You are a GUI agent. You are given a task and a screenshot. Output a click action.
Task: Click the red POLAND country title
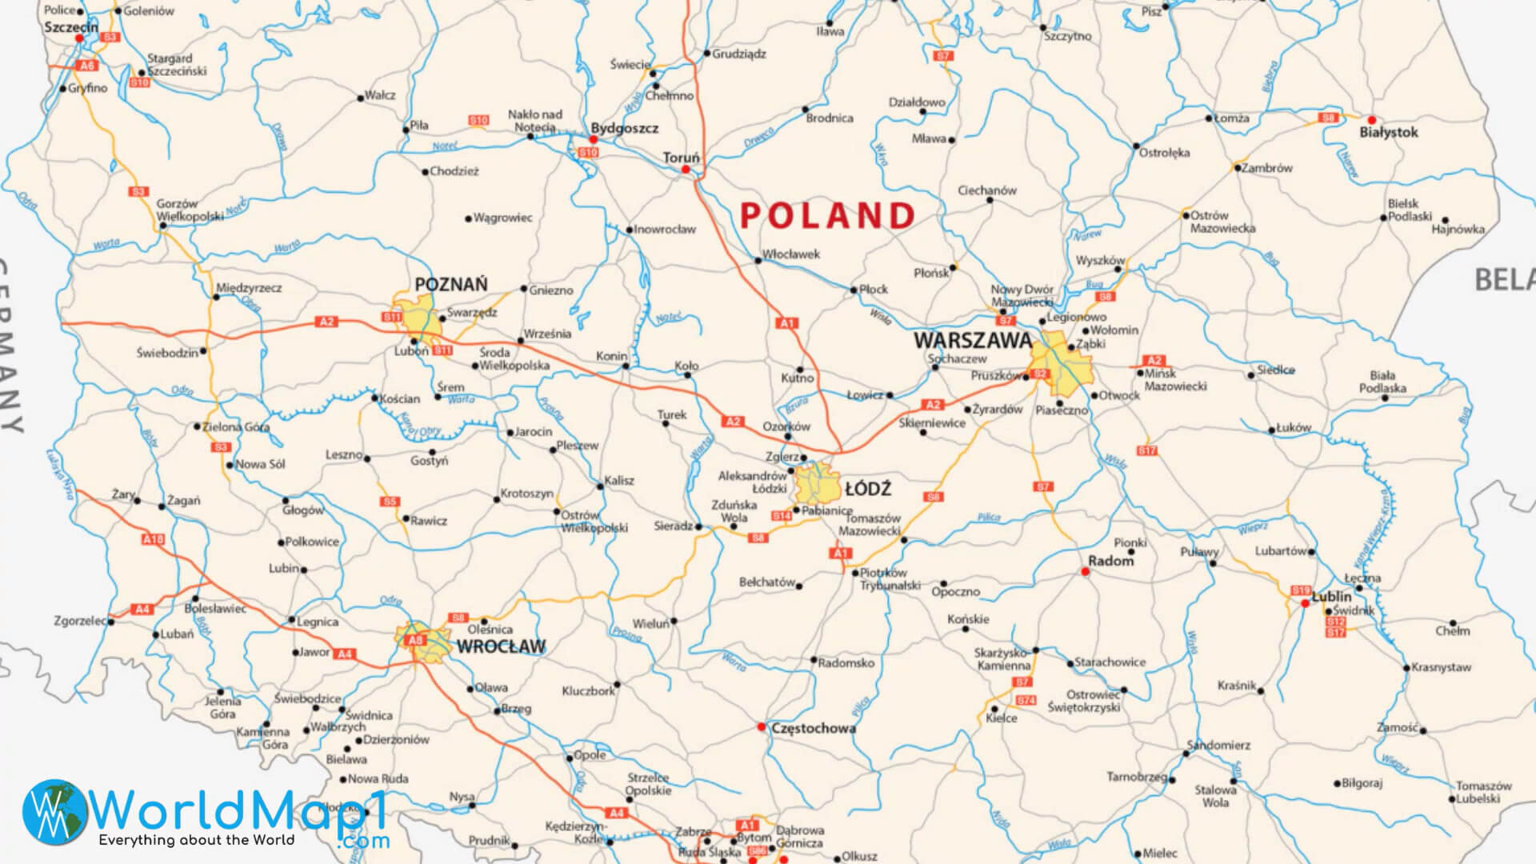[827, 215]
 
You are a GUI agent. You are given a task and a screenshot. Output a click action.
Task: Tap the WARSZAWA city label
[972, 341]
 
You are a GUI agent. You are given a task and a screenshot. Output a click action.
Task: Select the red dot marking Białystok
[1371, 120]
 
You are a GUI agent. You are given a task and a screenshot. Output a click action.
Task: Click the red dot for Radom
[1085, 571]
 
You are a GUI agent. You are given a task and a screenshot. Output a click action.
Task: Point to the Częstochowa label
[813, 729]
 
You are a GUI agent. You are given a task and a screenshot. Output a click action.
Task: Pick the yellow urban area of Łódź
[818, 484]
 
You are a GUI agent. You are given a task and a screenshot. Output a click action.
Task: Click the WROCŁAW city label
[501, 646]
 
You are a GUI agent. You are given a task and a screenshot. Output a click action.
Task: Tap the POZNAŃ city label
[450, 285]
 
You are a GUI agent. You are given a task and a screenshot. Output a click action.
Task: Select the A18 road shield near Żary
[153, 540]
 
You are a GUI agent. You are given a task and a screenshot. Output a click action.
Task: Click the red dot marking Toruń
[686, 170]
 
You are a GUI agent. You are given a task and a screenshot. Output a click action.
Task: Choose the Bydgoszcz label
[624, 128]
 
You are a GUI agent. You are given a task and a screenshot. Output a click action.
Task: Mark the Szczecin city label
[70, 27]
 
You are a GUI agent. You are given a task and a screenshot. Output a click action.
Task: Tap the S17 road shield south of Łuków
[1147, 451]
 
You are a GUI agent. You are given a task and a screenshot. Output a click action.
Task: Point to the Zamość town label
[1397, 728]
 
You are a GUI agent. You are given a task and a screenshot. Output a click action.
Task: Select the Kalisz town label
[618, 481]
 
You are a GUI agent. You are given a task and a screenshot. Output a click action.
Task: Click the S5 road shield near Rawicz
[390, 502]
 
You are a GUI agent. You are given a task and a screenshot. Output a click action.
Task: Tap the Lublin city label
[1331, 597]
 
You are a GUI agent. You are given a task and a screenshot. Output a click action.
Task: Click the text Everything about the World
[196, 841]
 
